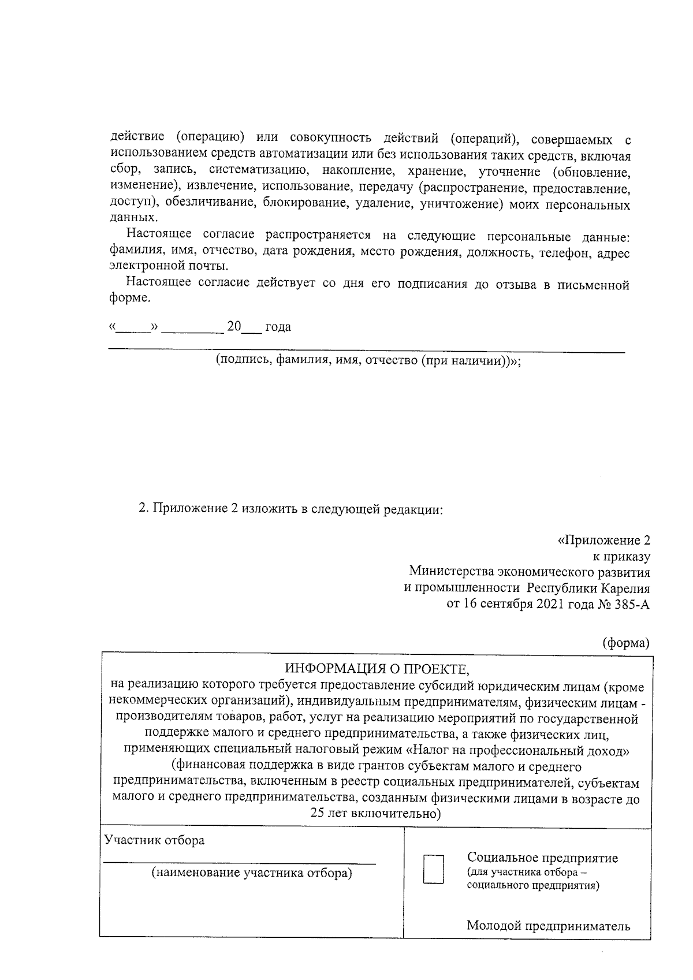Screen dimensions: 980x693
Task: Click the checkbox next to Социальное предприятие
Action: pos(434,869)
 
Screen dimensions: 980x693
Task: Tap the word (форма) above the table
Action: pos(626,643)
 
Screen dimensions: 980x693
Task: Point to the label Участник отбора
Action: pos(154,840)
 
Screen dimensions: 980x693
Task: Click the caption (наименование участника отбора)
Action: pos(251,873)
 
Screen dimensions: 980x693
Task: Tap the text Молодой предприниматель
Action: pos(548,926)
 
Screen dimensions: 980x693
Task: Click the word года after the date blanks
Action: pos(278,327)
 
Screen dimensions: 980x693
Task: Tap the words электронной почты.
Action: pos(168,267)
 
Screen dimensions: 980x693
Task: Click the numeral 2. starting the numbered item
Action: pos(144,510)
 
